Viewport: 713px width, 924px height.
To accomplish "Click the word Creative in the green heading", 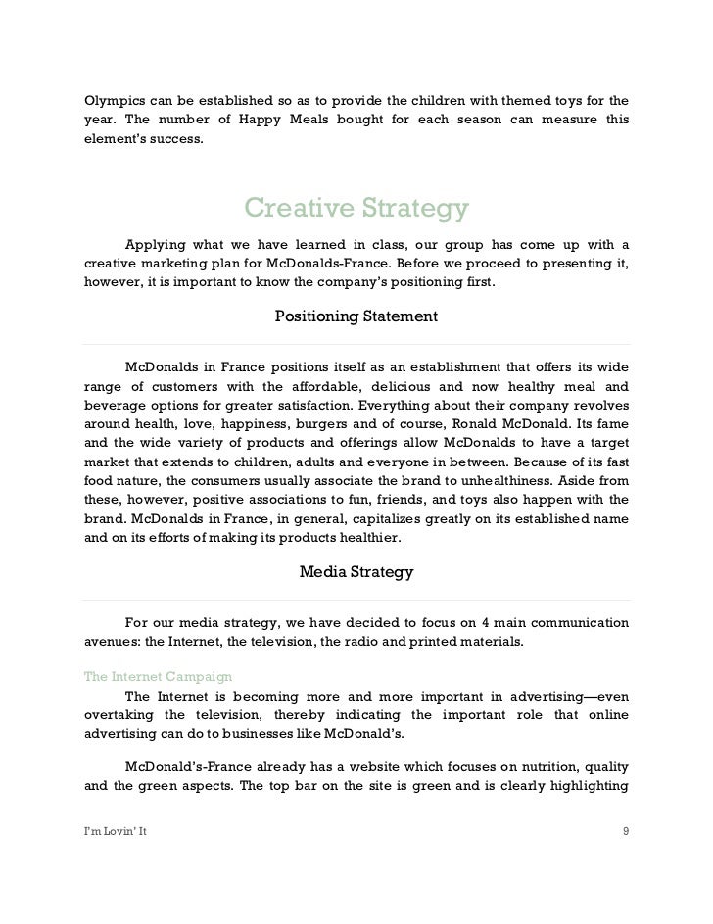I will coord(299,209).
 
